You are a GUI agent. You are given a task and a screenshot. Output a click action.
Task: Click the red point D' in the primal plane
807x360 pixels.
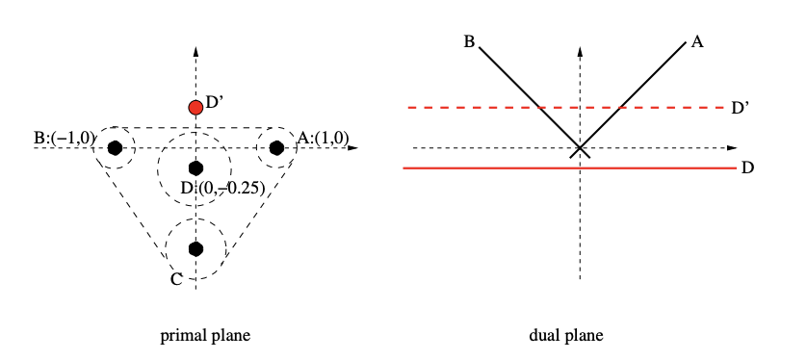[195, 107]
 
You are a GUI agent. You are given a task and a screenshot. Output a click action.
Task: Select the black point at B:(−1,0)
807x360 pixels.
[116, 147]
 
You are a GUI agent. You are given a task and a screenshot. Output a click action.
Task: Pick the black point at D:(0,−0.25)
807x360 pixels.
[195, 167]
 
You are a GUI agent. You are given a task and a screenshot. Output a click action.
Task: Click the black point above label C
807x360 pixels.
[195, 248]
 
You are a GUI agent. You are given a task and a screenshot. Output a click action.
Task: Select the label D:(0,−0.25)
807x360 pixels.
[223, 187]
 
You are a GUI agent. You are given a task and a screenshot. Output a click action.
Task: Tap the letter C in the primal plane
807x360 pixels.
[176, 280]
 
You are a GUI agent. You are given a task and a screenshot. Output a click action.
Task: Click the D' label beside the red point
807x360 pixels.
[215, 100]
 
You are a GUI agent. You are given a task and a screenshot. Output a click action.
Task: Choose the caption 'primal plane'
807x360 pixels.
[206, 336]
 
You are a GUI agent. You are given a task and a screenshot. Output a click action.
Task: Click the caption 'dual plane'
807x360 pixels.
[566, 336]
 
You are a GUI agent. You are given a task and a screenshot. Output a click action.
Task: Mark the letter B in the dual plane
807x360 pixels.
[469, 42]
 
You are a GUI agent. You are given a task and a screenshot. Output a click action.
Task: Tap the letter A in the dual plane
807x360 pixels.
[696, 42]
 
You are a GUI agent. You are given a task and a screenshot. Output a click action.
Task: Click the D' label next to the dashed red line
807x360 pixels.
[740, 108]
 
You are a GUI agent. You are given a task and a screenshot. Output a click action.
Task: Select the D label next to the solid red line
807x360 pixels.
[748, 168]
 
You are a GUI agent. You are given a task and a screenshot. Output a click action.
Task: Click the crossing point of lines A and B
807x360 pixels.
[579, 148]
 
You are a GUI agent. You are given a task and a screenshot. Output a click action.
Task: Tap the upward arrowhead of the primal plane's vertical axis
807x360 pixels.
[195, 51]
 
